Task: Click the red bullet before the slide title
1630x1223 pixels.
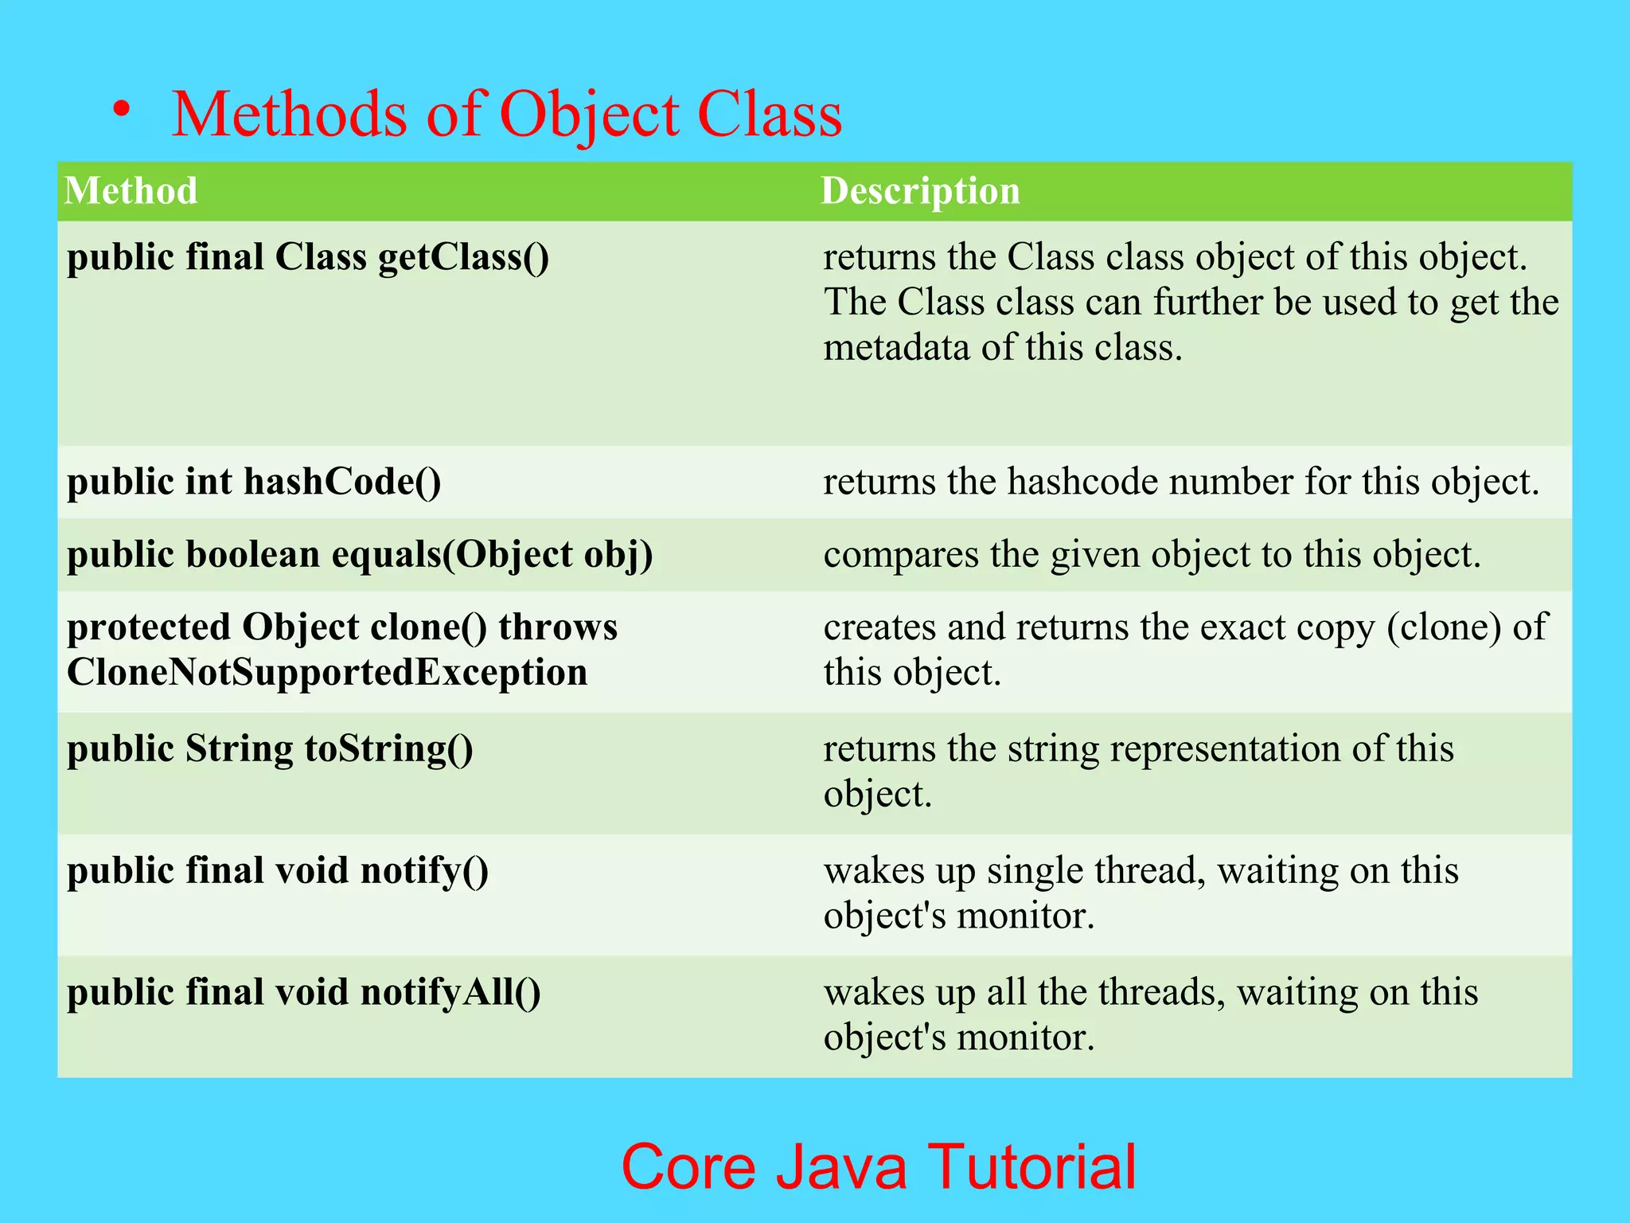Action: (121, 109)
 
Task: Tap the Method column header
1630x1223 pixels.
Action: (131, 191)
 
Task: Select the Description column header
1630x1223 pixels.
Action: (920, 191)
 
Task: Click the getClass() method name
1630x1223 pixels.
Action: (463, 258)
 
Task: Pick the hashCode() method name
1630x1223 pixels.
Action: (342, 482)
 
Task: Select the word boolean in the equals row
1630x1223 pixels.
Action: (252, 555)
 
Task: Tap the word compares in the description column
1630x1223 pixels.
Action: (900, 555)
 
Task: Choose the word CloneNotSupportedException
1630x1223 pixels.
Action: (327, 673)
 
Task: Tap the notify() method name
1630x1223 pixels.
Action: (424, 871)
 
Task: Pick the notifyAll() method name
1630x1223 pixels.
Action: (450, 993)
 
